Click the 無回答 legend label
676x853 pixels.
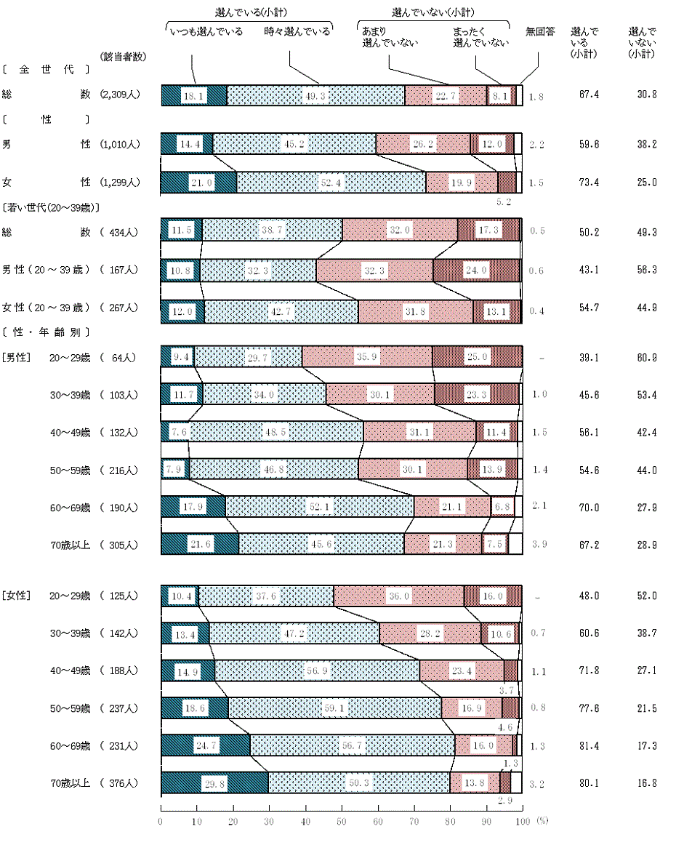coord(540,32)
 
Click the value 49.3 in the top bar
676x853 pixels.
coord(315,96)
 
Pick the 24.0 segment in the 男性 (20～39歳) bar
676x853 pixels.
coord(476,270)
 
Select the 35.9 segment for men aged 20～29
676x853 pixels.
coord(366,357)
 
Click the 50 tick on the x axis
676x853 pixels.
coord(341,820)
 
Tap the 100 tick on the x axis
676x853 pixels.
coord(521,820)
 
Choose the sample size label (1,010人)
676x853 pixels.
coord(120,145)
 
